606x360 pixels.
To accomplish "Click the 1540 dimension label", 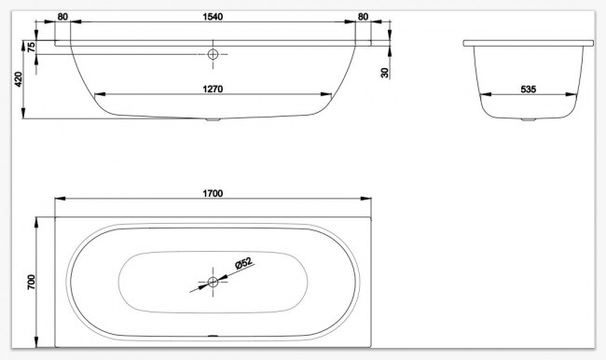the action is coord(213,17).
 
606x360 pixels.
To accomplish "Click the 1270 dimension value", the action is coord(213,89).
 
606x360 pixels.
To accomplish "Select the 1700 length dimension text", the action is coord(213,193).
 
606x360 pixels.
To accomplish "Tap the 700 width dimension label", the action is coord(31,282).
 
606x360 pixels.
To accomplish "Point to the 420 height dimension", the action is coord(18,79).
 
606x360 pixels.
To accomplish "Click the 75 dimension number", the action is coord(32,47).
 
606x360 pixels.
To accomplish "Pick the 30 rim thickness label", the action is coord(384,73).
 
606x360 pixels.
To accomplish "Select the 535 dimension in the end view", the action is coord(529,90).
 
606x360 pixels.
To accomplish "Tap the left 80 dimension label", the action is coord(62,17).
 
